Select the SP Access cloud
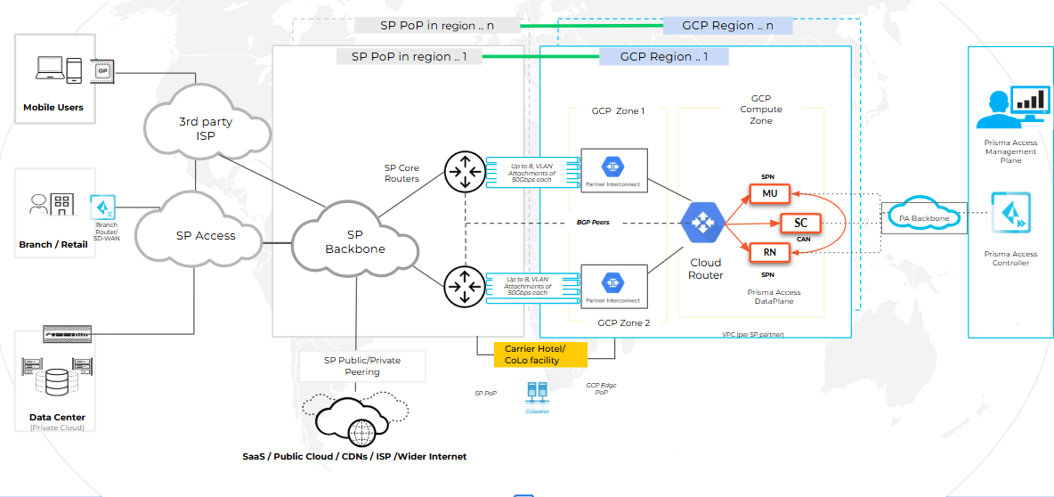[206, 235]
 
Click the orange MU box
[769, 193]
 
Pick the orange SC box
[800, 223]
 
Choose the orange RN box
[769, 253]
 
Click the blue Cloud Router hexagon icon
[702, 223]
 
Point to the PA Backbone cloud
[923, 217]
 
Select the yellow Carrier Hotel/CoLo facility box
[540, 354]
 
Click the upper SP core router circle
[463, 173]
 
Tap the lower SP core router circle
[463, 287]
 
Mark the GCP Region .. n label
[727, 26]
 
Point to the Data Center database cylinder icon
[55, 384]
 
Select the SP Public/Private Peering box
[362, 366]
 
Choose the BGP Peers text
[592, 222]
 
